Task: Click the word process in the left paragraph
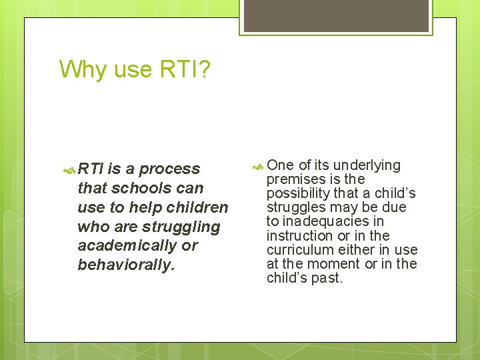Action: (169, 169)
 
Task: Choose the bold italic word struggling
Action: (178, 227)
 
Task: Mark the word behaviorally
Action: (125, 265)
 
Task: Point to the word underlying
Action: (367, 165)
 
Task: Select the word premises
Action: (297, 179)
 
